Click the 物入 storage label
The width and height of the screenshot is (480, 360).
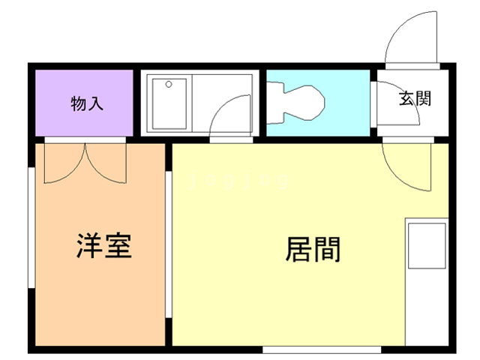point(87,103)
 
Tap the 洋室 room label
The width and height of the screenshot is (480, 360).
point(104,246)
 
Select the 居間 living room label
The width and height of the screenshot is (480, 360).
point(313,249)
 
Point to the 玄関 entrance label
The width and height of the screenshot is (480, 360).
point(415,98)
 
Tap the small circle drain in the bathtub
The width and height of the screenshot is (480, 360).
point(169,83)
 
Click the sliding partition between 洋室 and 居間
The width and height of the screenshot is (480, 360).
point(169,241)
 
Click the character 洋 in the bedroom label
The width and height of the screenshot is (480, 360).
point(90,246)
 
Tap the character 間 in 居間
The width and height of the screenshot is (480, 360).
point(327,249)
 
